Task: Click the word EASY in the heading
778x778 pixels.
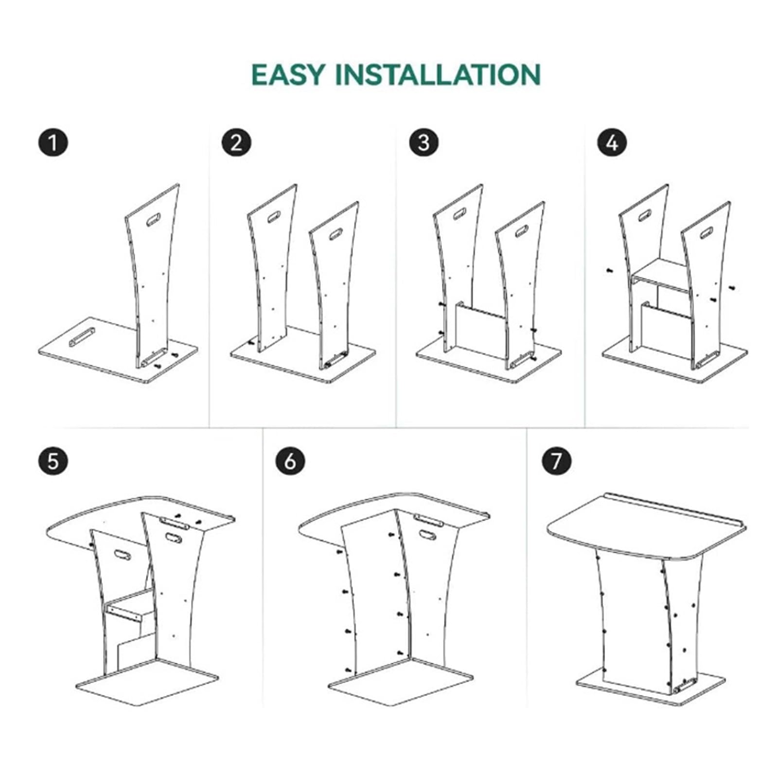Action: click(x=288, y=75)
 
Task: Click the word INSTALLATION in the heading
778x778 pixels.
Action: click(x=438, y=75)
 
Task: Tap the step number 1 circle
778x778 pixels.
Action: click(x=53, y=142)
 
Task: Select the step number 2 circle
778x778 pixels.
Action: click(x=236, y=142)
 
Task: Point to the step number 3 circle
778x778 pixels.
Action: click(x=424, y=142)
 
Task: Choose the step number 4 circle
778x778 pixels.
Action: click(x=612, y=142)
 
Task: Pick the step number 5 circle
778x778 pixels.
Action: click(x=53, y=460)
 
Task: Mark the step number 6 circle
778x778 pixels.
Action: click(x=290, y=460)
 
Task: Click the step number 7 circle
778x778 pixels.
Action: click(x=557, y=460)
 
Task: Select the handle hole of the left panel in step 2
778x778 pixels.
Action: click(x=274, y=216)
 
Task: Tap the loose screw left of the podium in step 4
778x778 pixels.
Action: click(x=608, y=270)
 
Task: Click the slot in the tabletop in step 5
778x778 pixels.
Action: click(x=174, y=524)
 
